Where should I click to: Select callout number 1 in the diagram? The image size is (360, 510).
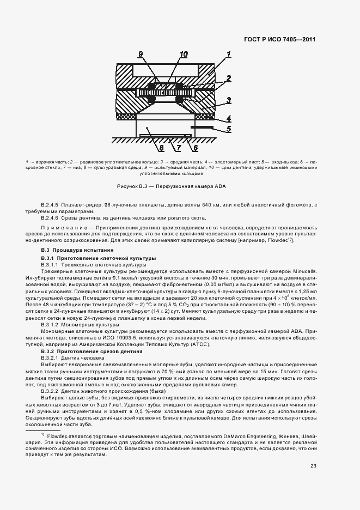tap(229, 54)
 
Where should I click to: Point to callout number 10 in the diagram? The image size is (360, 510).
tap(183, 54)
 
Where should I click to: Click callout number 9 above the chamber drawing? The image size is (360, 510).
tap(141, 54)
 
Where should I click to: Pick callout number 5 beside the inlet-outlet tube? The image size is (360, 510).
tap(229, 129)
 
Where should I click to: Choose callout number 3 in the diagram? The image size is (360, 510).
tap(229, 100)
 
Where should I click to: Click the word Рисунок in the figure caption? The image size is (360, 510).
tap(135, 186)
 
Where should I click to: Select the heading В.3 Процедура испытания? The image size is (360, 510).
tap(66, 250)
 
